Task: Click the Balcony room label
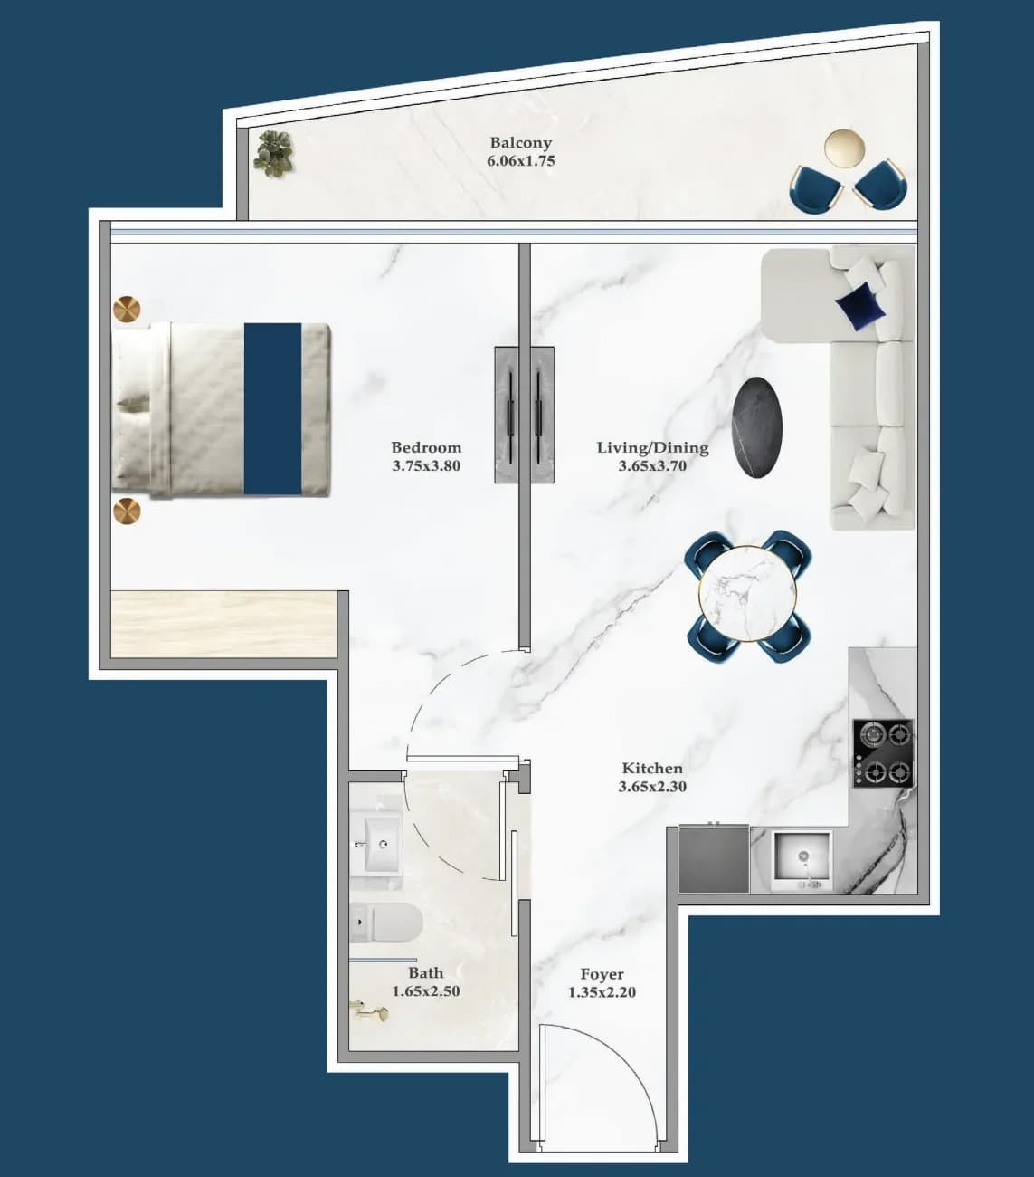pyautogui.click(x=521, y=142)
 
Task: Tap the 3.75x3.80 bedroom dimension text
pyautogui.click(x=426, y=466)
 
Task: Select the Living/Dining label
pyautogui.click(x=652, y=448)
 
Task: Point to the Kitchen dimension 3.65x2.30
pyautogui.click(x=652, y=787)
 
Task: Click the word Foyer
pyautogui.click(x=602, y=974)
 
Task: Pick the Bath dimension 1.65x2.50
pyautogui.click(x=426, y=991)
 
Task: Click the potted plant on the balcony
pyautogui.click(x=274, y=153)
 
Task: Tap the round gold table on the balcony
pyautogui.click(x=844, y=148)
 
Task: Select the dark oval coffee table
pyautogui.click(x=757, y=427)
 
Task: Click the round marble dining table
pyautogui.click(x=748, y=593)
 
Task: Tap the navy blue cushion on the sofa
pyautogui.click(x=859, y=306)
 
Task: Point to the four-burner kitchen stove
pyautogui.click(x=882, y=753)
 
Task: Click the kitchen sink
pyautogui.click(x=802, y=861)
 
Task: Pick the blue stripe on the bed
pyautogui.click(x=272, y=408)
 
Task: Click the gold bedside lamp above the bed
pyautogui.click(x=127, y=309)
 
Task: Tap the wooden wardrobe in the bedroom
pyautogui.click(x=224, y=625)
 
